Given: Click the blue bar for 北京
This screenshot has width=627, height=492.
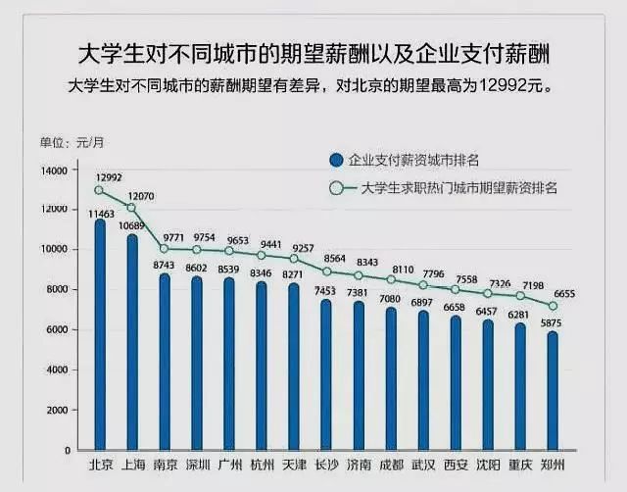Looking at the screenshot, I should click(99, 333).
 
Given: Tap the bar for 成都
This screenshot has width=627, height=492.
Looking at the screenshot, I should click(391, 377).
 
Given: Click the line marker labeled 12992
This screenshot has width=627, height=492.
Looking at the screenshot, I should click(99, 190).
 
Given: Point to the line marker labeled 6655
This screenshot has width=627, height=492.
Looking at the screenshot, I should click(554, 305).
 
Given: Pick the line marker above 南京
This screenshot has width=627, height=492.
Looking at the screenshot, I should click(164, 249).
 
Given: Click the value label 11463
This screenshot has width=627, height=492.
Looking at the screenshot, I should click(101, 213).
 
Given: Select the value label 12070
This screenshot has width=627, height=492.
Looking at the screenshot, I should click(141, 196).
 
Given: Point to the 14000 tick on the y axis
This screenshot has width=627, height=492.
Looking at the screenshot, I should click(55, 171).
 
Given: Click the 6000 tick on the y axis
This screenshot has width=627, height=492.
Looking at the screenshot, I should click(58, 330).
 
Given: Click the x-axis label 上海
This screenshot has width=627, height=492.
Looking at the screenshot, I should click(131, 465).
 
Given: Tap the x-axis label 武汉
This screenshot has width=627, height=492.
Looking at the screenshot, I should click(423, 465).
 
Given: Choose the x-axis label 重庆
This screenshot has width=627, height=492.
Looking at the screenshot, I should click(520, 465).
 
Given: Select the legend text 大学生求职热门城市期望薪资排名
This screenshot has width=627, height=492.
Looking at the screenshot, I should click(459, 188).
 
